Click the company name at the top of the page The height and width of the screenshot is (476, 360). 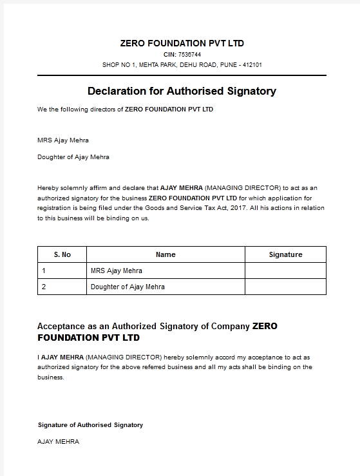[182, 43]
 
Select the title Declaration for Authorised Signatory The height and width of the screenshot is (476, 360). [182, 91]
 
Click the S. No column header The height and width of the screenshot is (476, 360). [62, 254]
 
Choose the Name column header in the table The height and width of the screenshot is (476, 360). [166, 254]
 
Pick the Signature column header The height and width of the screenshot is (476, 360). [285, 254]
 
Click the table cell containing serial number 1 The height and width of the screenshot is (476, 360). [62, 271]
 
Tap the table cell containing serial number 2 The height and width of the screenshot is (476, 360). [62, 287]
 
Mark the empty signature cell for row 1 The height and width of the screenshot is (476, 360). [285, 271]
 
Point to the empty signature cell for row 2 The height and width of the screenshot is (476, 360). [285, 287]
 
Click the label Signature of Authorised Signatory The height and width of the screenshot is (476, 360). [90, 425]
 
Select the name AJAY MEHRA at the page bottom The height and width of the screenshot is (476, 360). [59, 442]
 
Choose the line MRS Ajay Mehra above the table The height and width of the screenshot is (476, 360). [63, 140]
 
